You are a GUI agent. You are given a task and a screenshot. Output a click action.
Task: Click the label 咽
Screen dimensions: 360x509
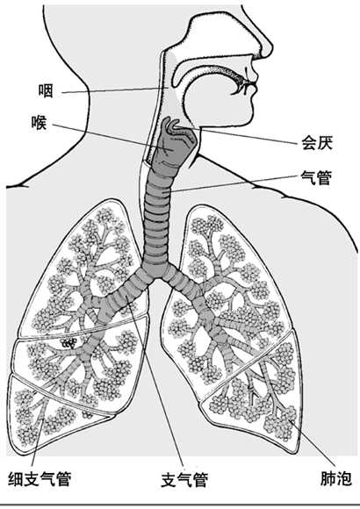coord(46,90)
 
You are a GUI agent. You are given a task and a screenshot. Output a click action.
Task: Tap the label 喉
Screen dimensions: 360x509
coord(40,123)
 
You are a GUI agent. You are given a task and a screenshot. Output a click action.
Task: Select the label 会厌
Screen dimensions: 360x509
coord(317,142)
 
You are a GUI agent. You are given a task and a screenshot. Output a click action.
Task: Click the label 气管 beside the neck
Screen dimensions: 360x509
coord(316,178)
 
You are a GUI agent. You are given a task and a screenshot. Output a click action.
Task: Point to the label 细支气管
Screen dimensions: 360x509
coord(40,478)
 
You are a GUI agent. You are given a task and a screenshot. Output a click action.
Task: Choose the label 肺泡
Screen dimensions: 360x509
coord(336,478)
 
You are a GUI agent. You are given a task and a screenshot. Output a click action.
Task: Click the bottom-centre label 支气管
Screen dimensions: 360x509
coord(184,480)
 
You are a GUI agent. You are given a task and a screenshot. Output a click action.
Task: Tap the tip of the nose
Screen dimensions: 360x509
coord(271,48)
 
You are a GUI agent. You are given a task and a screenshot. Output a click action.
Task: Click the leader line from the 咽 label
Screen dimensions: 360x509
coord(115,90)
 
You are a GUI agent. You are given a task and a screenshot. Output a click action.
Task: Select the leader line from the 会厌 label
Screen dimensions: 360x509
coord(243,135)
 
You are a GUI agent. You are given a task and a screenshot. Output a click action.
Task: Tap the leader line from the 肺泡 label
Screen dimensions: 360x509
coord(313,443)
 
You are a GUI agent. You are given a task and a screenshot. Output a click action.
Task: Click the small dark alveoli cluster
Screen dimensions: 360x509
coord(69,343)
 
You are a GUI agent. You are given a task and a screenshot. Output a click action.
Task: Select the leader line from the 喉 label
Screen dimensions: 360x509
coord(111,137)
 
